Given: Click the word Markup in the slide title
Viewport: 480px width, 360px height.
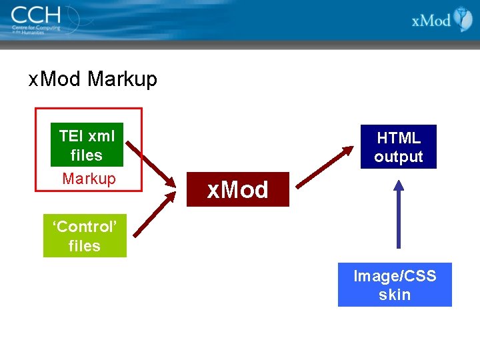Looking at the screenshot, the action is pos(122,79).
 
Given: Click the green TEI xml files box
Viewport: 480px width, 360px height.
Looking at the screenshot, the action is pos(87,145).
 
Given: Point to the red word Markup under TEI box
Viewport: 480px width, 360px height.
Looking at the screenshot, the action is pos(89,179).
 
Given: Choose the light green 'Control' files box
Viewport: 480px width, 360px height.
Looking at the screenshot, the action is pos(85,236).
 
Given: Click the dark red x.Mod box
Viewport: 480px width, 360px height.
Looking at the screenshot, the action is pos(237,190).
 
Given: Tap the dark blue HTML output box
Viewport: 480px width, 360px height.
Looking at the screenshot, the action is pos(399,147).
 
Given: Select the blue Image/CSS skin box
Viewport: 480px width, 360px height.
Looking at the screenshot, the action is pos(395,285).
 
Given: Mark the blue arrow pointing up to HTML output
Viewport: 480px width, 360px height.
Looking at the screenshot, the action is pos(398,213).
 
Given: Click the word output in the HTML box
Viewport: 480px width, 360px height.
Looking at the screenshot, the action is pos(399,157).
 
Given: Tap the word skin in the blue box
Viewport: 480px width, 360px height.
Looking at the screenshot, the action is pos(395,295).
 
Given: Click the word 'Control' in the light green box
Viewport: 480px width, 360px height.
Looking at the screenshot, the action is pos(85,227).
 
